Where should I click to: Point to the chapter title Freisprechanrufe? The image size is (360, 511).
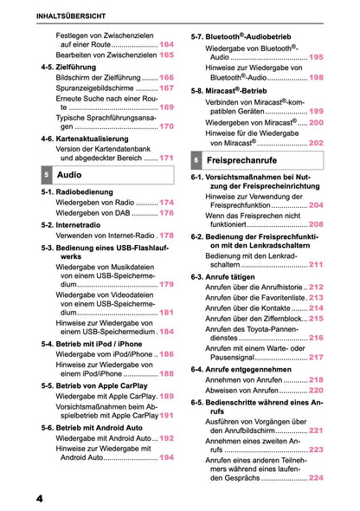click(x=247, y=161)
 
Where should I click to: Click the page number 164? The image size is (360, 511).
click(x=166, y=43)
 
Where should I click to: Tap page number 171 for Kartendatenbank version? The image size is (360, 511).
click(x=166, y=158)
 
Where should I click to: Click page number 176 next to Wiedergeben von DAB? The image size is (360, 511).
click(x=166, y=212)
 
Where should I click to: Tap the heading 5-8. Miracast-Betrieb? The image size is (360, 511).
click(x=237, y=90)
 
